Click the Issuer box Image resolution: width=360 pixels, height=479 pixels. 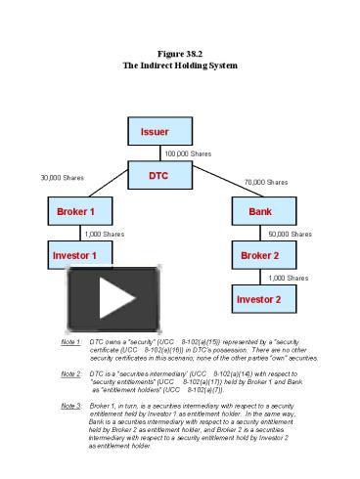tap(154, 132)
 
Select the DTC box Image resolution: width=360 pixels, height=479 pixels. tap(157, 176)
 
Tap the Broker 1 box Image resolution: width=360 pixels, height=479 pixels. tap(75, 211)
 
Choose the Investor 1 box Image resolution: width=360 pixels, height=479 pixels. tap(75, 255)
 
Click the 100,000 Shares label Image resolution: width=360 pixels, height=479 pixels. tap(188, 153)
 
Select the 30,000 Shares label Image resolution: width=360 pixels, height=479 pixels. tap(61, 177)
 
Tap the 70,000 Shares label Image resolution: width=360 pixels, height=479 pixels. tap(265, 182)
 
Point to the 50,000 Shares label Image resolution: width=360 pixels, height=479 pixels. tap(290, 234)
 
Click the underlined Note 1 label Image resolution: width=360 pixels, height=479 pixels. tap(70, 343)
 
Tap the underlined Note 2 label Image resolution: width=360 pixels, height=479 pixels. tap(70, 373)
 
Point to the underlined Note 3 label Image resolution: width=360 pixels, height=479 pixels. tap(70, 404)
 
